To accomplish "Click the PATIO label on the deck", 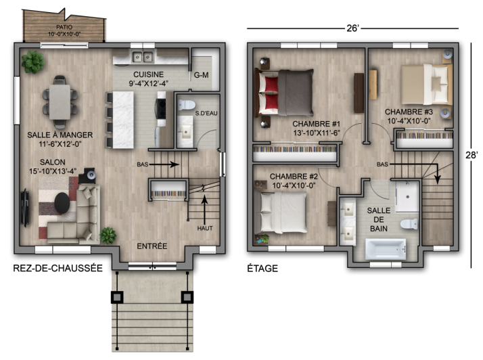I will coord(64,28).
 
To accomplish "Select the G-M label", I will coord(201,75).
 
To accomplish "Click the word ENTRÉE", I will coord(152,246).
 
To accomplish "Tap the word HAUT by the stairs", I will coord(205,228).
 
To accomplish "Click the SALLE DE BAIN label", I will coord(379,220).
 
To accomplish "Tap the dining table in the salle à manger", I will coord(61,100).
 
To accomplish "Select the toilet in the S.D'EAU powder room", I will coord(185,107).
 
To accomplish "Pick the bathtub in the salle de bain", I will coord(384,250).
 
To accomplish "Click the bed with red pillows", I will coord(284,93).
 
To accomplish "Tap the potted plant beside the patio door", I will coord(32,62).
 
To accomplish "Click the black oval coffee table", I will coord(62,202).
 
